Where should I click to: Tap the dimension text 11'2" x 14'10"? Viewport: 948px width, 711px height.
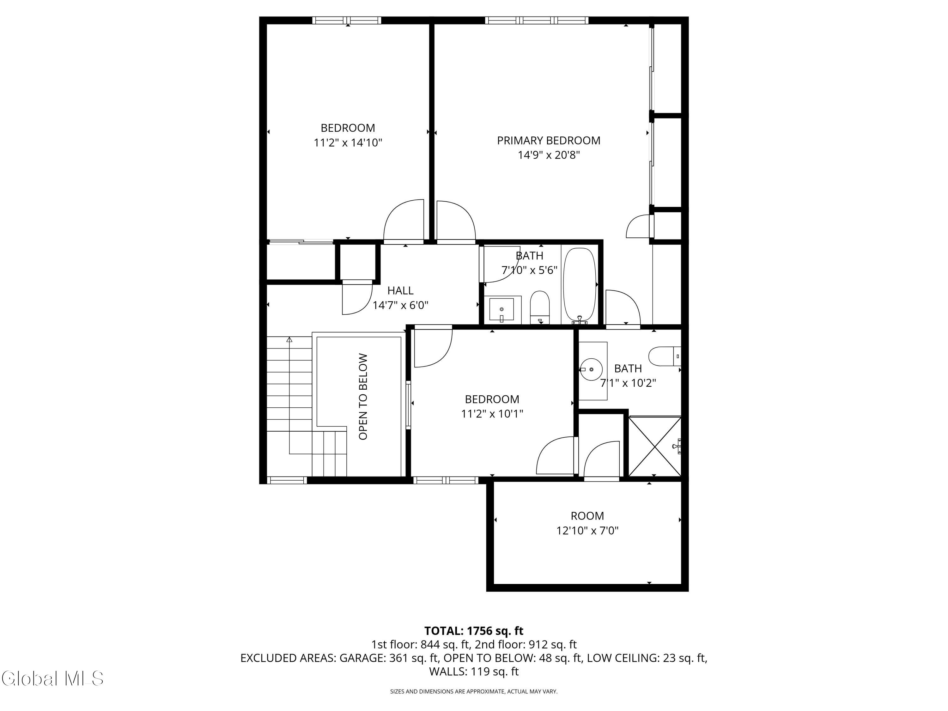point(348,143)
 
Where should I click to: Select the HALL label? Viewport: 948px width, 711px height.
point(400,291)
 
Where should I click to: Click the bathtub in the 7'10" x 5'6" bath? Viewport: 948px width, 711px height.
point(579,285)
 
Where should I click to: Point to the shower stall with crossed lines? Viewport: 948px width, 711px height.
point(654,446)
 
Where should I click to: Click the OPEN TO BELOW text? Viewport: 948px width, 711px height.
point(363,397)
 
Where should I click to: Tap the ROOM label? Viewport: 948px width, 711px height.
point(587,516)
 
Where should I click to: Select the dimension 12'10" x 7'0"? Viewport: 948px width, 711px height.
point(587,531)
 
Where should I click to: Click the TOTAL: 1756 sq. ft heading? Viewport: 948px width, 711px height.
point(474,631)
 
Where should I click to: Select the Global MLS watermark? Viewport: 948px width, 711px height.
point(52,678)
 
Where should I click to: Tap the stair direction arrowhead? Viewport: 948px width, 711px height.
point(289,340)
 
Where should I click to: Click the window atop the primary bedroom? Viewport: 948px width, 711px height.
point(537,20)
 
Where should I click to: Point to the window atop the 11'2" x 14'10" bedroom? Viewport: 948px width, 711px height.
point(346,20)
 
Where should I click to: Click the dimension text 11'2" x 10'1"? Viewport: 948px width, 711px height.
point(492,414)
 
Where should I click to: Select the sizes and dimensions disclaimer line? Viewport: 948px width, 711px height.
point(474,691)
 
